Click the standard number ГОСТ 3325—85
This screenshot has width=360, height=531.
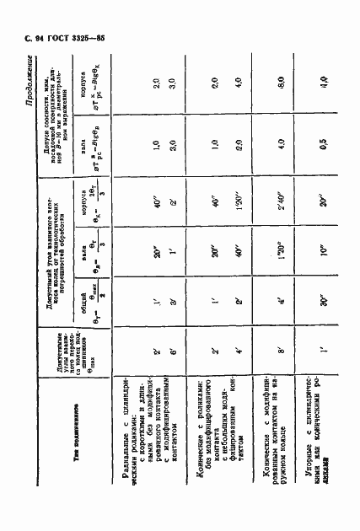(54, 39)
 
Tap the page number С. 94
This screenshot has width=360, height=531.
(21, 39)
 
